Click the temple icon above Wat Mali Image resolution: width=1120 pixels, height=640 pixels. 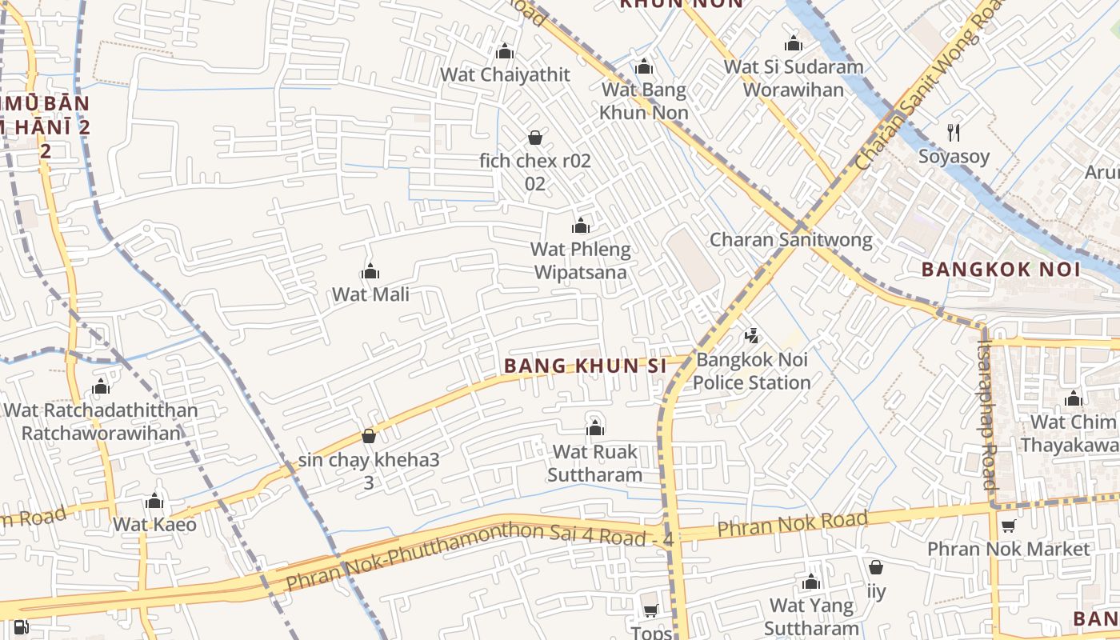[x=370, y=272]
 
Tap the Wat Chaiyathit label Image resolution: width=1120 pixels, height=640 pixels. [x=506, y=74]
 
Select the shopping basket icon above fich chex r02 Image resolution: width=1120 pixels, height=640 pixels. [x=535, y=138]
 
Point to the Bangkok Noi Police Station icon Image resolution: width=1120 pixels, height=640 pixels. [x=751, y=336]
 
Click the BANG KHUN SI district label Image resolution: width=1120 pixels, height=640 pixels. [x=586, y=366]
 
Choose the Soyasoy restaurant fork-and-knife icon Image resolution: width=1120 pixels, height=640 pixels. [x=953, y=133]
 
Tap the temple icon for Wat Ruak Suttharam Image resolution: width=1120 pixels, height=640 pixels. [x=594, y=429]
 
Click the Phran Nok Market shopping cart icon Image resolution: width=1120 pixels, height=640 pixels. [x=1008, y=526]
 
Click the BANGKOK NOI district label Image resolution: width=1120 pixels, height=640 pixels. [x=1001, y=269]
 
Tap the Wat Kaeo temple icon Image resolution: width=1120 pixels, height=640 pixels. [x=154, y=502]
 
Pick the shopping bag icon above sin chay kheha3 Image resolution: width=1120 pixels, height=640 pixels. [x=369, y=436]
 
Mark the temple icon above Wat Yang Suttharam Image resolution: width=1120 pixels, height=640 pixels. [x=811, y=582]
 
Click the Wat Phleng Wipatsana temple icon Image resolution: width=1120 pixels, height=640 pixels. [x=581, y=226]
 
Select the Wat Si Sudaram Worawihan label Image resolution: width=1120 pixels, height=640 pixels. [x=794, y=78]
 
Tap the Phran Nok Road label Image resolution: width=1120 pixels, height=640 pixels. [x=792, y=524]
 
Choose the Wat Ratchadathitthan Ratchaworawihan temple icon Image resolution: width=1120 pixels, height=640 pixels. [x=101, y=387]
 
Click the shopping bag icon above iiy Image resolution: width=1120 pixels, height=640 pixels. [x=876, y=568]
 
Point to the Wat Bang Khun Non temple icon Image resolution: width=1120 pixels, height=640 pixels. [x=644, y=67]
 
